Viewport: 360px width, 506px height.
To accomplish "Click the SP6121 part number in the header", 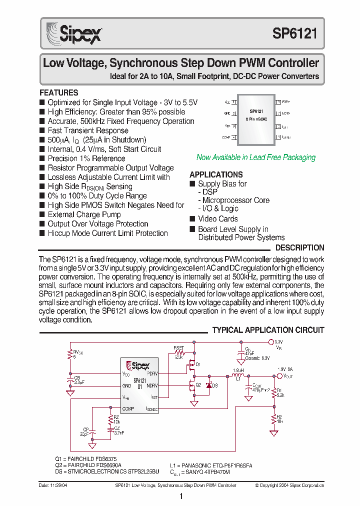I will click(294, 33).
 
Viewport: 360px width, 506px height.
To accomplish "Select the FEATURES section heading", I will click(59, 93).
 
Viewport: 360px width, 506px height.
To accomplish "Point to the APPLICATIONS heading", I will click(216, 174).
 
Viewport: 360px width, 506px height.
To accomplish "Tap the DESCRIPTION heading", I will click(299, 247).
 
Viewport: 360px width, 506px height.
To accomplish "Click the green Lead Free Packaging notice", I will click(255, 157).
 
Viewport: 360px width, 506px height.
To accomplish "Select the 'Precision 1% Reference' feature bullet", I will click(86, 158).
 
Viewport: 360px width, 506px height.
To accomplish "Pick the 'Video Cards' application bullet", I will click(217, 218).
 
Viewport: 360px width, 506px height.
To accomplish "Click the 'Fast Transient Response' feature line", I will click(87, 130).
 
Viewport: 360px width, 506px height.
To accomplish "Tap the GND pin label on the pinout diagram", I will click(227, 113).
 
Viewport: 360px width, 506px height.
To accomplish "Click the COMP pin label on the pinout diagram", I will click(226, 137).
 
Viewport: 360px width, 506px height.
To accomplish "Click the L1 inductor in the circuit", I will click(238, 376).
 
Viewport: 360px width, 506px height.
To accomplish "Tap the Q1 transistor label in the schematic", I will click(198, 364).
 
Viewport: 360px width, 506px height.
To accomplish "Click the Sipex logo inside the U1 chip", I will click(138, 365).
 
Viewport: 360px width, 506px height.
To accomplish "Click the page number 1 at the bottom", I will click(180, 496).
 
